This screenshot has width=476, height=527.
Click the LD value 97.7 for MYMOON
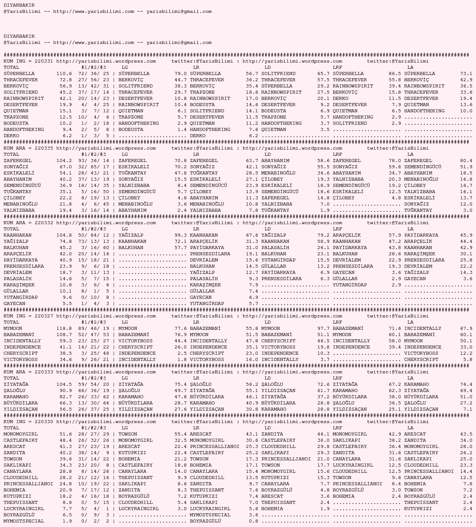[323, 329]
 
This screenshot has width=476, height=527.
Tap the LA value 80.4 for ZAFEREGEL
[466, 161]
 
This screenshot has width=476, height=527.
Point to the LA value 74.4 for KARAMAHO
[466, 384]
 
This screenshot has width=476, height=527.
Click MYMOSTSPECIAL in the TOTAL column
[24, 521]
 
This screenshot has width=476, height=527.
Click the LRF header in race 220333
[337, 378]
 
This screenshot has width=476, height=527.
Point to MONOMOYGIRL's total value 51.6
[65, 434]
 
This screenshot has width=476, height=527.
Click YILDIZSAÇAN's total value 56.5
[65, 409]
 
